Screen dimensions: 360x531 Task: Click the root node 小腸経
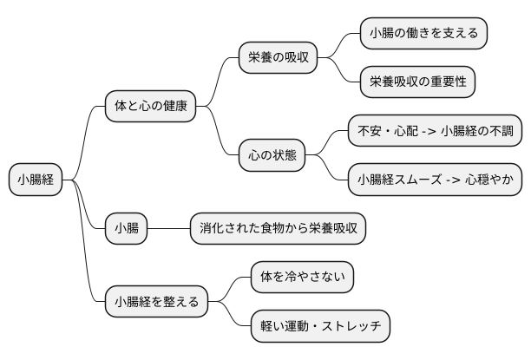(36, 180)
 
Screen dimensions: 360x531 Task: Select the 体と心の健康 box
(150, 107)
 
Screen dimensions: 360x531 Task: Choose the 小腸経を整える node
(157, 302)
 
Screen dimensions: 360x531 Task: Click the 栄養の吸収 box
(278, 58)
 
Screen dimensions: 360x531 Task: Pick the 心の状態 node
(272, 155)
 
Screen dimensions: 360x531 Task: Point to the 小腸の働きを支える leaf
(423, 34)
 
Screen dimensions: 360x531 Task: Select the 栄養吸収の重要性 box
(417, 82)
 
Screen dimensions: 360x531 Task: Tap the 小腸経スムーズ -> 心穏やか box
(435, 180)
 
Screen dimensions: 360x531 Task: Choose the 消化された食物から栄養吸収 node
(278, 229)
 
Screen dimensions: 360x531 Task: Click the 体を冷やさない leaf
(303, 278)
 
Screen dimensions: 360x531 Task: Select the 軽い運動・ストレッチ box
(320, 327)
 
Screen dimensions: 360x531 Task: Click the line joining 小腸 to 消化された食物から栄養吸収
(169, 229)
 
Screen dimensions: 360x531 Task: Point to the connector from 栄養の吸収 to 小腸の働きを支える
(340, 45)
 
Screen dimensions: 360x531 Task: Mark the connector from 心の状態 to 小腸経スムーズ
(327, 168)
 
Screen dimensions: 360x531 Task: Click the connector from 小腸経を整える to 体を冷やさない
(230, 290)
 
